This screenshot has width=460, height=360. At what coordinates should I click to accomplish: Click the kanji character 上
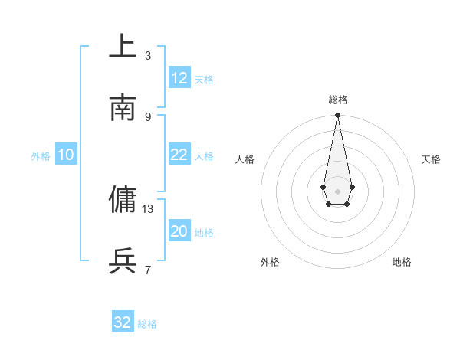pyautogui.click(x=123, y=47)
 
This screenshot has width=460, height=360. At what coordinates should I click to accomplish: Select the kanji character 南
pyautogui.click(x=123, y=108)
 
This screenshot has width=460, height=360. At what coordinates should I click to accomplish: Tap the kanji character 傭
pyautogui.click(x=123, y=200)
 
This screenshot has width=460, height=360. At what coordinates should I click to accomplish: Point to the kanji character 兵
pyautogui.click(x=123, y=261)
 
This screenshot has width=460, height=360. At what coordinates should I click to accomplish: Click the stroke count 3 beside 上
pyautogui.click(x=148, y=55)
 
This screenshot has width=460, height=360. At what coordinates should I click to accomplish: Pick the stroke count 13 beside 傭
pyautogui.click(x=148, y=208)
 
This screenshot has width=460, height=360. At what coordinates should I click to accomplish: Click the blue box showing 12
pyautogui.click(x=179, y=78)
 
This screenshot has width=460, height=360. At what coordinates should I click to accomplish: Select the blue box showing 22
pyautogui.click(x=179, y=155)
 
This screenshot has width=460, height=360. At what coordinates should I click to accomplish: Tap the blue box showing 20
pyautogui.click(x=179, y=231)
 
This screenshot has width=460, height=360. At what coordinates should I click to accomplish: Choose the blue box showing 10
pyautogui.click(x=66, y=155)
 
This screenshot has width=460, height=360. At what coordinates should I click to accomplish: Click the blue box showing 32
pyautogui.click(x=123, y=322)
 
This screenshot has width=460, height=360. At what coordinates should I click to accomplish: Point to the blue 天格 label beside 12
pyautogui.click(x=204, y=80)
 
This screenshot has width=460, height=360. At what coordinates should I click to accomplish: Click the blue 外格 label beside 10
pyautogui.click(x=41, y=156)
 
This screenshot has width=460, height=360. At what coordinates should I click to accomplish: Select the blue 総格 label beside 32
pyautogui.click(x=147, y=324)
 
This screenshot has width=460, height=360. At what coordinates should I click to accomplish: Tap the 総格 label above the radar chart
pyautogui.click(x=337, y=100)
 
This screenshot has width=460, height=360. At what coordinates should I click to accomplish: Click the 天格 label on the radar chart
pyautogui.click(x=431, y=159)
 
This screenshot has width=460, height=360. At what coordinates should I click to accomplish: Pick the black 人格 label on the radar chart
pyautogui.click(x=245, y=159)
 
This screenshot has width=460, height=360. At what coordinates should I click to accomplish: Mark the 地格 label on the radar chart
pyautogui.click(x=402, y=262)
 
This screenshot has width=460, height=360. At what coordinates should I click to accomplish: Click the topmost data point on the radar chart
pyautogui.click(x=337, y=116)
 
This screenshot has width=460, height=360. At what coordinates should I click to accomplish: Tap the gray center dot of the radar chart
pyautogui.click(x=337, y=191)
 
